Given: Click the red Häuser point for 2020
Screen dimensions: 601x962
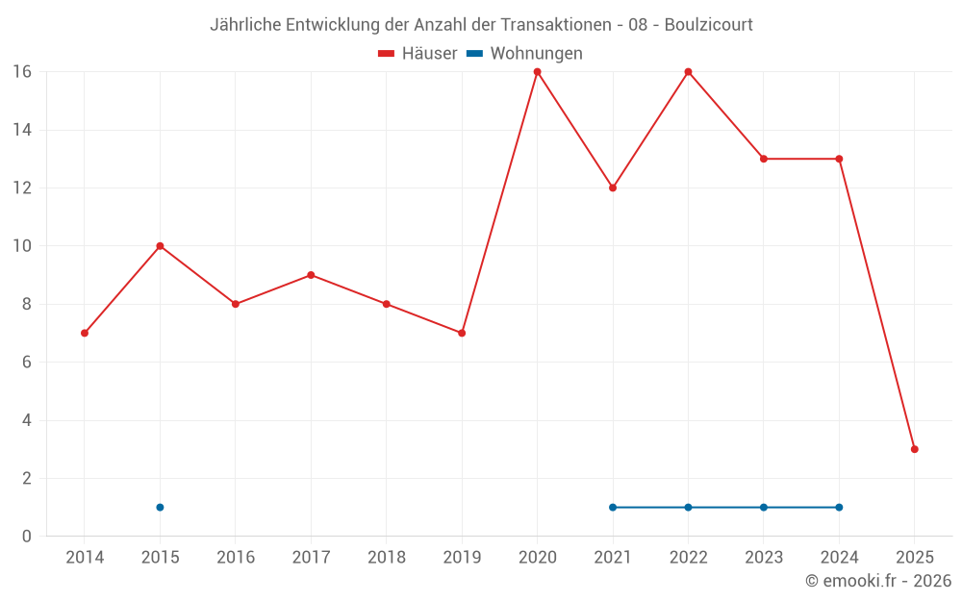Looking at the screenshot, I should pyautogui.click(x=537, y=72).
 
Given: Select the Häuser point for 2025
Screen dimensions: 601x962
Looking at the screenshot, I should pyautogui.click(x=915, y=449).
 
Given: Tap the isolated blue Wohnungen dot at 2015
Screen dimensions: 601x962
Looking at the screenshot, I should pyautogui.click(x=160, y=507).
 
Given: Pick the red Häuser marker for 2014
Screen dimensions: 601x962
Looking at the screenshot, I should pyautogui.click(x=85, y=333).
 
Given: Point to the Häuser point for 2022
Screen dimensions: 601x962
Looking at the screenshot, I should pyautogui.click(x=688, y=72).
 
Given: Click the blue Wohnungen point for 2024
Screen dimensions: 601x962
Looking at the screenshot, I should pyautogui.click(x=839, y=507).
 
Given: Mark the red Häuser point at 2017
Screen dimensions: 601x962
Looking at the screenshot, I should pyautogui.click(x=311, y=275).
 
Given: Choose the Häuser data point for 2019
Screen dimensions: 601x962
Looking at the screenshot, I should pyautogui.click(x=462, y=333).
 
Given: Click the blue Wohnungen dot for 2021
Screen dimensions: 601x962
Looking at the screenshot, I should pyautogui.click(x=613, y=507).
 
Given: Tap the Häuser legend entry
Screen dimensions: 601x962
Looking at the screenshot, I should pyautogui.click(x=418, y=54).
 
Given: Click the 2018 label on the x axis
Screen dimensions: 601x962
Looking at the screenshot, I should pyautogui.click(x=387, y=558).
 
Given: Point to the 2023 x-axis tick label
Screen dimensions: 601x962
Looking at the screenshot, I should pyautogui.click(x=764, y=558).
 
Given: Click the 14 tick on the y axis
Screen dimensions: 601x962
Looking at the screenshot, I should pyautogui.click(x=21, y=130).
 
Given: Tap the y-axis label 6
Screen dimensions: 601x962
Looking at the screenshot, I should pyautogui.click(x=26, y=363).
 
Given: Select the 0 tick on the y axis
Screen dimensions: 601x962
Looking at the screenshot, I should pyautogui.click(x=26, y=537).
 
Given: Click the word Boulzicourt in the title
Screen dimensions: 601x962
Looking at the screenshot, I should pyautogui.click(x=708, y=24).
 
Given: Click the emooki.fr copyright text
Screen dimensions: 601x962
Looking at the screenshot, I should pyautogui.click(x=877, y=581).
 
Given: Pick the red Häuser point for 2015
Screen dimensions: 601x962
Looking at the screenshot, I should pyautogui.click(x=160, y=246).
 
